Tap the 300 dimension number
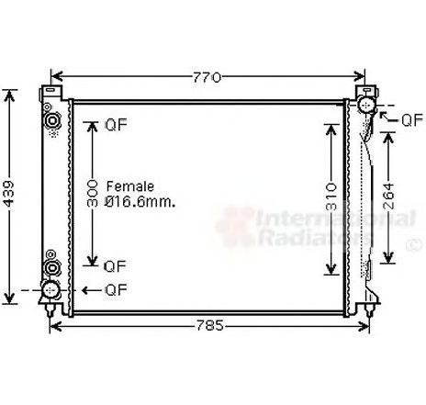point(92,195)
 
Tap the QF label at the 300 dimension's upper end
point(115,125)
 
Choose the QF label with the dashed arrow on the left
point(115,290)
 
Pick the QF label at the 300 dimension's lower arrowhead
point(115,266)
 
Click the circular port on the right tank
point(367,107)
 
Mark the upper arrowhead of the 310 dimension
point(331,125)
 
